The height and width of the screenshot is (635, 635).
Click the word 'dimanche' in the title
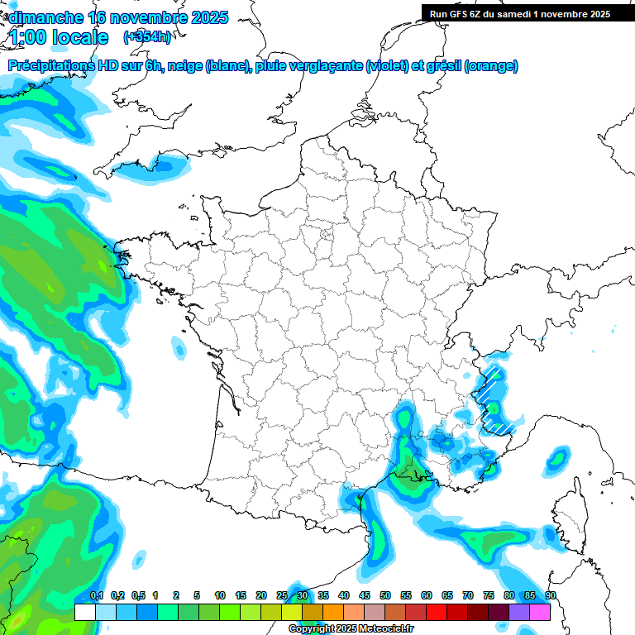[x=45, y=17]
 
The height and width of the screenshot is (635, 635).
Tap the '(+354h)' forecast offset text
[x=147, y=37]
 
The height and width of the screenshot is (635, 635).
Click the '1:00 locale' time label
[x=60, y=37]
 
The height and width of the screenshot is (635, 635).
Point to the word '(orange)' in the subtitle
[x=491, y=66]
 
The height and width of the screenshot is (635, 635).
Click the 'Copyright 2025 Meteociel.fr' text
[x=351, y=629]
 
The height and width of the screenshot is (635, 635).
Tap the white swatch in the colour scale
[x=84, y=613]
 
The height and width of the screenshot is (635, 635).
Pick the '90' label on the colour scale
[x=551, y=596]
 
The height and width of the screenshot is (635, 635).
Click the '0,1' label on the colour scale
[x=97, y=596]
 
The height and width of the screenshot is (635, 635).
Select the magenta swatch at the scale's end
[x=540, y=613]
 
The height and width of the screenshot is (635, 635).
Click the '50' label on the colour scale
[x=385, y=596]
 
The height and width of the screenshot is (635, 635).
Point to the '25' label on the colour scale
[x=282, y=596]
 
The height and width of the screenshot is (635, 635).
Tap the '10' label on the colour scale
[x=220, y=596]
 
